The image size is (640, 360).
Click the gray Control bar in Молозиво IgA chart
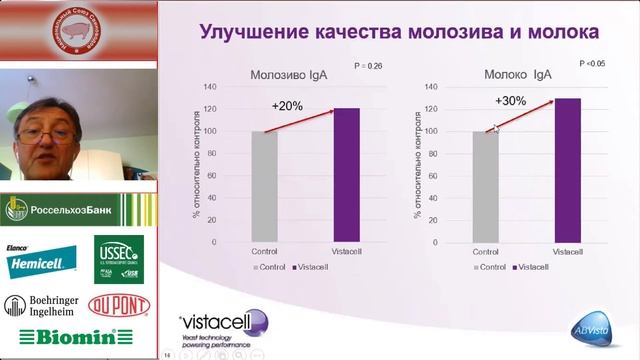pyautogui.click(x=264, y=187)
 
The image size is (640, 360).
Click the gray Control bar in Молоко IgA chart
pyautogui.click(x=485, y=187)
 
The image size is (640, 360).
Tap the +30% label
pyautogui.click(x=510, y=100)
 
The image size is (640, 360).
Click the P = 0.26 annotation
pyautogui.click(x=369, y=67)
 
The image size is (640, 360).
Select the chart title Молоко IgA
pyautogui.click(x=513, y=74)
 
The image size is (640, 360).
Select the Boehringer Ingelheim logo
pyautogui.click(x=40, y=306)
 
